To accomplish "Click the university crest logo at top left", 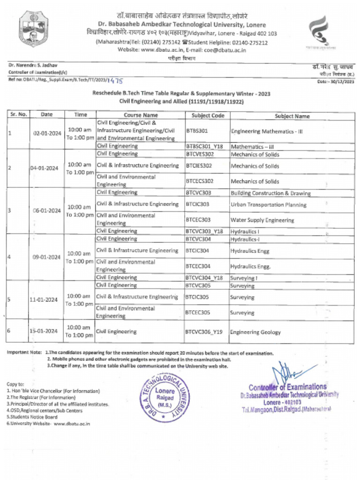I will click(x=34, y=29).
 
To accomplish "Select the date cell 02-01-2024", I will click(x=45, y=133).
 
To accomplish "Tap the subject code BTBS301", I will click(x=197, y=131).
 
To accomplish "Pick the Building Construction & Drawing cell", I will click(x=270, y=193).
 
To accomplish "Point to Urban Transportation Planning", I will click(x=268, y=205).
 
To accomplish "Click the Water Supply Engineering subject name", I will click(x=262, y=220).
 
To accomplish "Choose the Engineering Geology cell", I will click(x=255, y=332).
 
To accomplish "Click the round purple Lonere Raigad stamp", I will click(x=165, y=397).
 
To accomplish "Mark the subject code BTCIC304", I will click(x=197, y=251).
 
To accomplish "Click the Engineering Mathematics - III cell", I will click(x=267, y=131).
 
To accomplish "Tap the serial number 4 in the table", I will click(x=9, y=257).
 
